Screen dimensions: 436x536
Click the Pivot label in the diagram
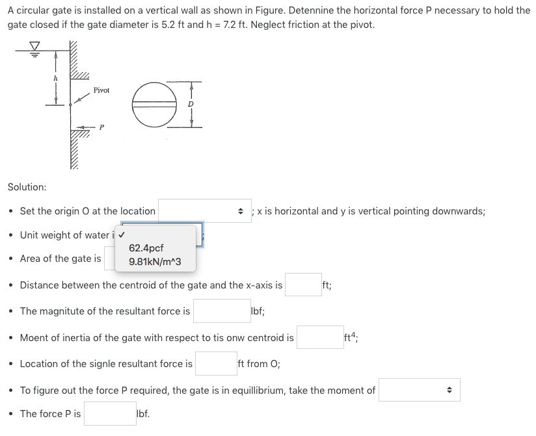point(101,90)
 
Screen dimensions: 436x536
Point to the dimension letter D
point(191,105)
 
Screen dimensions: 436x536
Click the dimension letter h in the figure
point(55,77)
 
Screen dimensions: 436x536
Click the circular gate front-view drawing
point(155,105)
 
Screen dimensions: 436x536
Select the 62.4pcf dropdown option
point(146,248)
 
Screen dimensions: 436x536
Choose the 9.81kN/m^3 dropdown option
point(155,263)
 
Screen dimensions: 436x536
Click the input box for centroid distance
point(302,285)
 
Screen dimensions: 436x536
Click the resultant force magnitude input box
point(221,311)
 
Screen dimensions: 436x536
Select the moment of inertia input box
point(320,338)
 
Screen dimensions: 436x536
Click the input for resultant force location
point(216,364)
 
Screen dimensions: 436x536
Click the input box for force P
point(110,414)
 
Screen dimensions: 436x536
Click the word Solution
point(27,187)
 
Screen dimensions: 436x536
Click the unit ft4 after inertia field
point(353,337)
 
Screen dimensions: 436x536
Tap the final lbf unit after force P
point(142,414)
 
